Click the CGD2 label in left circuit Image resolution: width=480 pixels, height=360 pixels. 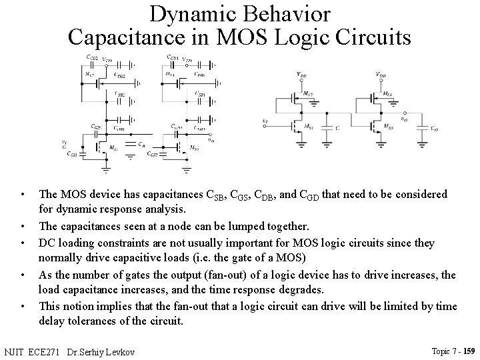pyautogui.click(x=91, y=58)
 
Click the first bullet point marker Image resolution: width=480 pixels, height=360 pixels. pyautogui.click(x=23, y=195)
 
